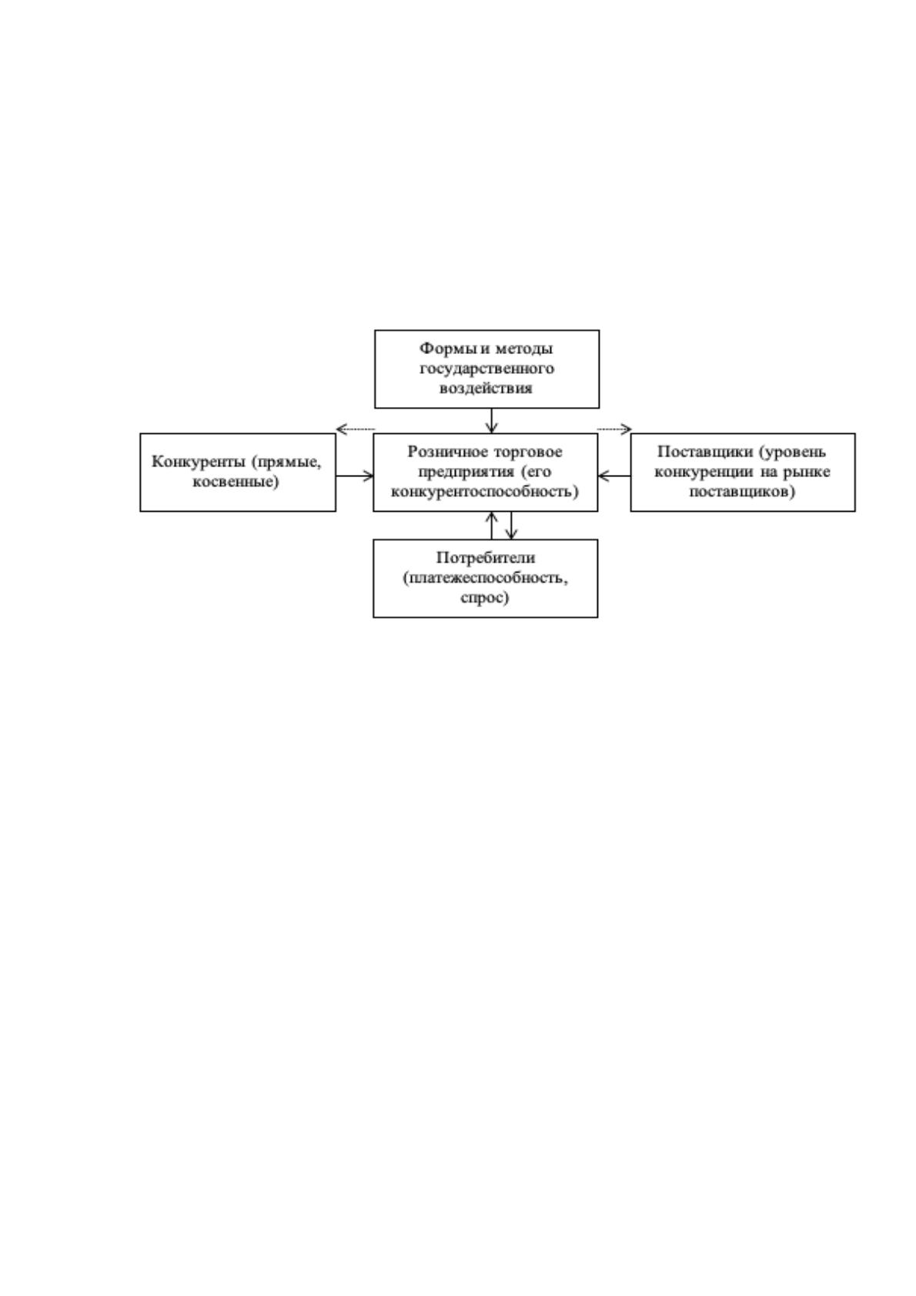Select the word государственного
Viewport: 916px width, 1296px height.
click(486, 369)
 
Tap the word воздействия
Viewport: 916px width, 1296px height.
click(486, 388)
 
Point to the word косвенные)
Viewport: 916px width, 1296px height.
click(236, 481)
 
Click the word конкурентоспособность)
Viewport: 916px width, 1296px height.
click(486, 491)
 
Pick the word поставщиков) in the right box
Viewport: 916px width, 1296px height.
click(742, 491)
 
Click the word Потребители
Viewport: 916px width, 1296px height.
click(486, 558)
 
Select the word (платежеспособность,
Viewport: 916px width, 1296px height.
click(486, 578)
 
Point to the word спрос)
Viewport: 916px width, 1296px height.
click(485, 598)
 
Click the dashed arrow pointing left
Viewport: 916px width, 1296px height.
click(356, 429)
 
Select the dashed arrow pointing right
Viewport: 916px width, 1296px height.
click(614, 429)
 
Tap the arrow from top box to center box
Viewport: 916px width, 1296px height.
click(491, 421)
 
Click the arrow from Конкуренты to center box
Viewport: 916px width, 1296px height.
click(355, 476)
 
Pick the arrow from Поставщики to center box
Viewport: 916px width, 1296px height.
click(614, 476)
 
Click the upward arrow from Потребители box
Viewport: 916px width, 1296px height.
click(491, 526)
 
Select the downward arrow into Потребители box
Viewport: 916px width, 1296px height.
click(511, 526)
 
